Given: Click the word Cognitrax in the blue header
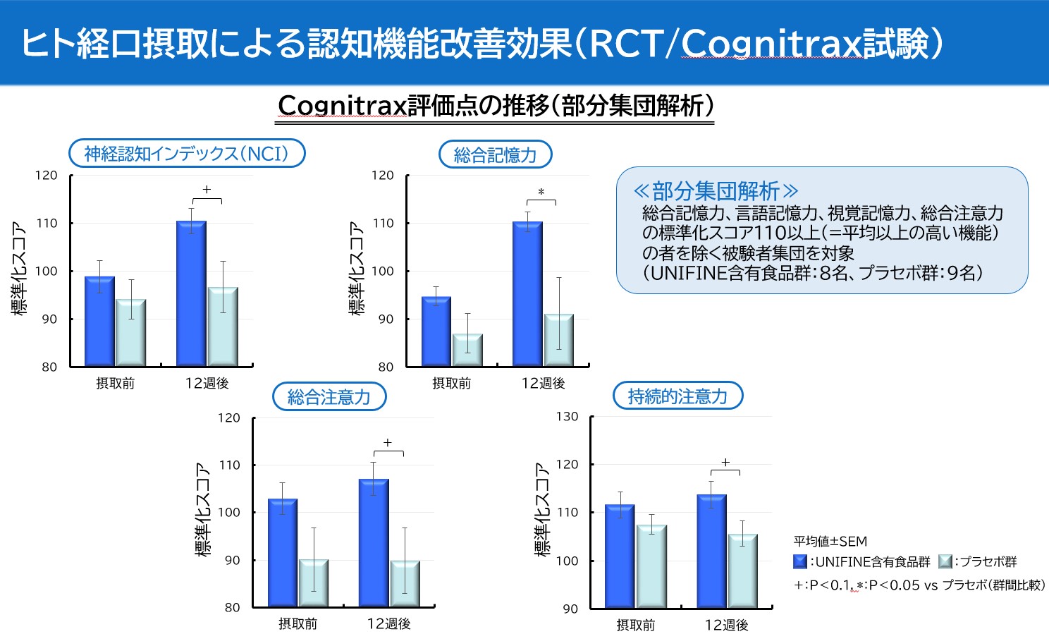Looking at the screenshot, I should pos(772,44).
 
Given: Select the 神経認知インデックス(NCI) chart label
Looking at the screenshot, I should pos(187,154).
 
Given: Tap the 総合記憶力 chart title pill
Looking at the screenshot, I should pos(495,155).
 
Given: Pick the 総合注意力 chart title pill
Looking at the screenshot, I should pos(329,397).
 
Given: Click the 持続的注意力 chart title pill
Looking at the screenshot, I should pos(677,396).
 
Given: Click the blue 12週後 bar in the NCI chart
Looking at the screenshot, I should pos(191,293).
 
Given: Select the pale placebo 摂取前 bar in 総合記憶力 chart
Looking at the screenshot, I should pos(467,350).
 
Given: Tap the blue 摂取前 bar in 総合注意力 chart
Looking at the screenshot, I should pos(283,552).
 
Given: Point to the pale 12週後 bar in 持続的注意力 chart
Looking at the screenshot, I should pos(742,571).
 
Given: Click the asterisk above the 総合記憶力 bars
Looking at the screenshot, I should pos(541,193).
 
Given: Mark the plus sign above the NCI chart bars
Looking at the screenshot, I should pos(207,190).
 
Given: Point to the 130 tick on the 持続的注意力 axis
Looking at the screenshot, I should pos(567,417).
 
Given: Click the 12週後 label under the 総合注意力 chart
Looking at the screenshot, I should pos(388,624).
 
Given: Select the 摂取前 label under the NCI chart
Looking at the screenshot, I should pos(115,384).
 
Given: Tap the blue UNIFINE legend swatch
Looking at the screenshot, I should pos(800,562).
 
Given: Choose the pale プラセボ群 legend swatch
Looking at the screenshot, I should pos(945,562).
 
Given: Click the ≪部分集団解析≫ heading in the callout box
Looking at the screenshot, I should pos(715,191).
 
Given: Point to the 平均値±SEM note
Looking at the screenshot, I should pos(830,542).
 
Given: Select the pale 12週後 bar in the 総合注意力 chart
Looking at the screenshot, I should pos(405,583).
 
